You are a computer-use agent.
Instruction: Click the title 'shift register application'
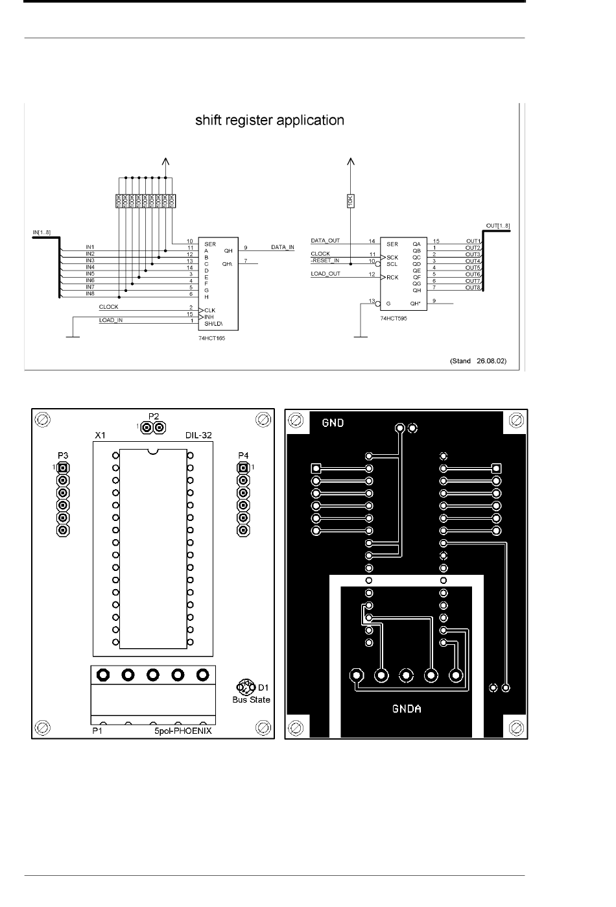pyautogui.click(x=270, y=121)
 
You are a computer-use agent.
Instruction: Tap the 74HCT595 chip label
pyautogui.click(x=394, y=319)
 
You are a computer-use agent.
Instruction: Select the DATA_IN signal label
pyautogui.click(x=282, y=247)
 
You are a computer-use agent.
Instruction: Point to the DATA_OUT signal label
pyautogui.click(x=326, y=241)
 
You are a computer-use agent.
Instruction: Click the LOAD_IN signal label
pyautogui.click(x=111, y=320)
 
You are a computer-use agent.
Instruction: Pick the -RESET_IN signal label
pyautogui.click(x=326, y=260)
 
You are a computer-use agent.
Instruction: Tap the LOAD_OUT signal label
pyautogui.click(x=326, y=274)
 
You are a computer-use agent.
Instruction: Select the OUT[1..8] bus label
pyautogui.click(x=498, y=226)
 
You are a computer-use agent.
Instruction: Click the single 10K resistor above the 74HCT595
pyautogui.click(x=351, y=202)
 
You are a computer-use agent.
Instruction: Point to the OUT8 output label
pyautogui.click(x=473, y=287)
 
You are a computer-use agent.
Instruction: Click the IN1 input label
pyautogui.click(x=90, y=247)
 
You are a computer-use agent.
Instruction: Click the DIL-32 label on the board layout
pyautogui.click(x=198, y=436)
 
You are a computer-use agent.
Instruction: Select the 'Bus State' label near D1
pyautogui.click(x=251, y=699)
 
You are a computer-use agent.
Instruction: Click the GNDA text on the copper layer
pyautogui.click(x=407, y=708)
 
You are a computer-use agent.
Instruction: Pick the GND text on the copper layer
pyautogui.click(x=333, y=423)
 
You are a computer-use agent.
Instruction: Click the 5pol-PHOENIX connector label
pyautogui.click(x=183, y=731)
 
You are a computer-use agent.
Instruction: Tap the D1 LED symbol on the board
pyautogui.click(x=246, y=686)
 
